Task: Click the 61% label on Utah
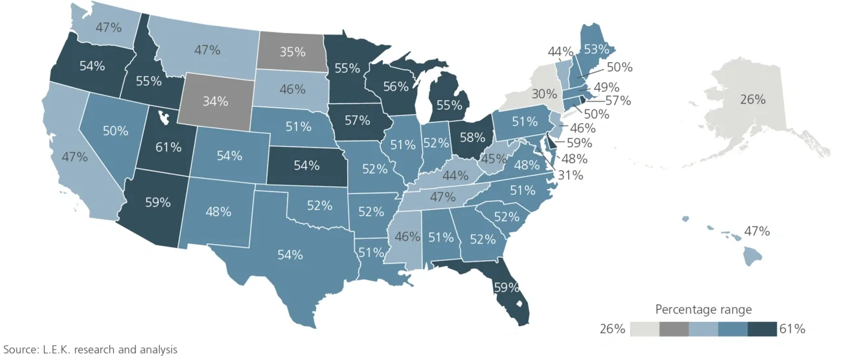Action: pyautogui.click(x=168, y=147)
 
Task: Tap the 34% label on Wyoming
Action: pyautogui.click(x=215, y=101)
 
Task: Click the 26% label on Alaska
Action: pyautogui.click(x=753, y=100)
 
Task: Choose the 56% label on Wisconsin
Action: pyautogui.click(x=395, y=86)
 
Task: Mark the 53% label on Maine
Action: pyautogui.click(x=595, y=49)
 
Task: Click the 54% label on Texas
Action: pyautogui.click(x=290, y=254)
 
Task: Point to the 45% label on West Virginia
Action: pyautogui.click(x=494, y=159)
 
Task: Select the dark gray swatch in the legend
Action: pyautogui.click(x=674, y=329)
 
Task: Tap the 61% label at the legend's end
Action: pyautogui.click(x=791, y=329)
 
